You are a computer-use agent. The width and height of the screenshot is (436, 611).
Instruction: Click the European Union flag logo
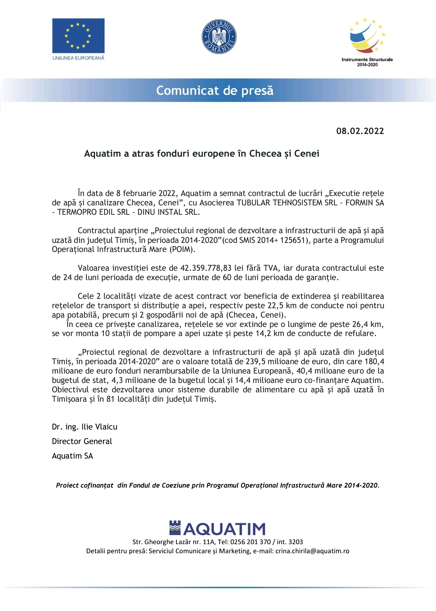[x=78, y=36]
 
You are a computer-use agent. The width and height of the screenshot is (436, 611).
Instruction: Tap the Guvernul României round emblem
[x=219, y=37]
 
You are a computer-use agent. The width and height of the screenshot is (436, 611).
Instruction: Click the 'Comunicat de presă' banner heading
[x=215, y=90]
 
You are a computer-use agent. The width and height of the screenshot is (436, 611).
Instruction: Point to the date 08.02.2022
[x=360, y=131]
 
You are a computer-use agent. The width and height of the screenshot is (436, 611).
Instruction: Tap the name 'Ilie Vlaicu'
[x=99, y=427]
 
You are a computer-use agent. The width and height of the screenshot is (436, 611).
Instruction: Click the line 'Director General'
[x=82, y=441]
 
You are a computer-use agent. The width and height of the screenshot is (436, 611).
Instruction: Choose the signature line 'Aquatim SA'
[x=72, y=456]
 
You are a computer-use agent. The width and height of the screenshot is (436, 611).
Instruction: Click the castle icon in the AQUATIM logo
[x=175, y=528]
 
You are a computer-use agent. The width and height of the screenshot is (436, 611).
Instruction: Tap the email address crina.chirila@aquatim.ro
[x=312, y=551]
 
